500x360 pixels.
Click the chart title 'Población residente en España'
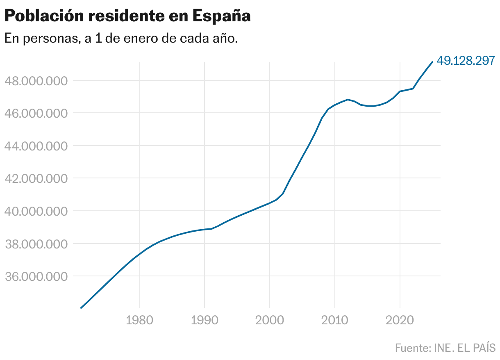[x=127, y=16]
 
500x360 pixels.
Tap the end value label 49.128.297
[x=466, y=61]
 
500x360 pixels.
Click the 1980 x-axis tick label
[x=140, y=320]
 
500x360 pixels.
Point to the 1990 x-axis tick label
[x=205, y=320]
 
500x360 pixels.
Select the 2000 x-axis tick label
[x=270, y=320]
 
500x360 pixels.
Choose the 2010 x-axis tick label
[x=334, y=320]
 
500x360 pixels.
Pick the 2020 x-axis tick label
[x=400, y=320]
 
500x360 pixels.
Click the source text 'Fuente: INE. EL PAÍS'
[x=445, y=348]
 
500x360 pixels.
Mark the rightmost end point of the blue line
[x=432, y=62]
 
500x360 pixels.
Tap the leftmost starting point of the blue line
[x=81, y=308]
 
